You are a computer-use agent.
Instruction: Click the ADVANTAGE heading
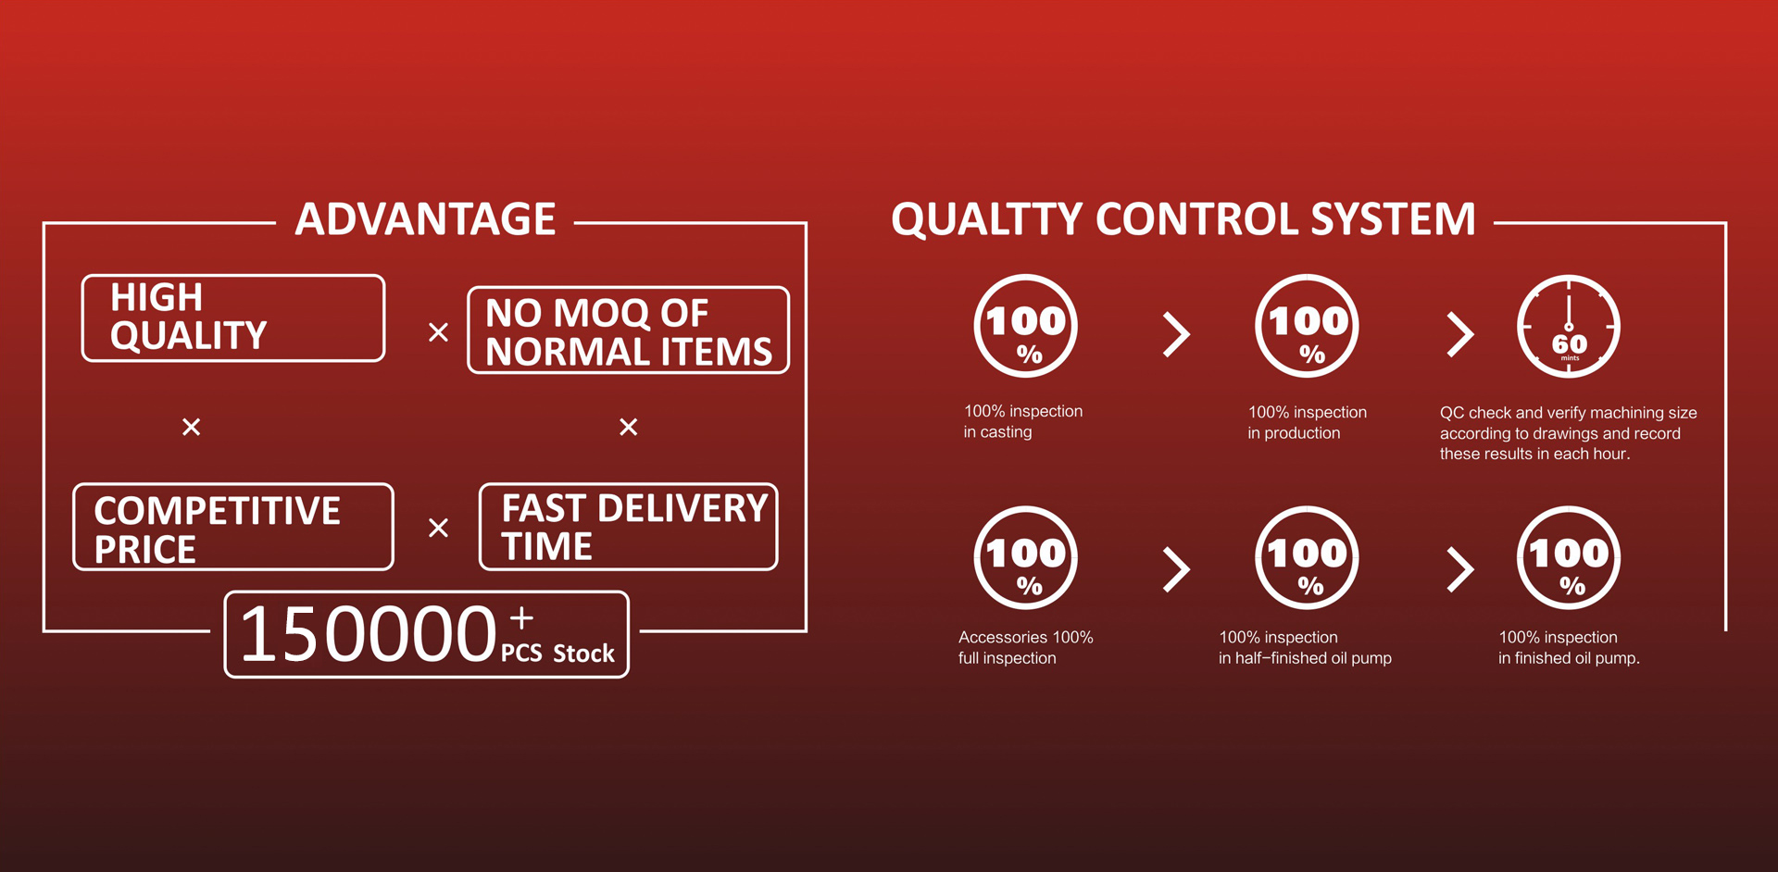click(x=425, y=219)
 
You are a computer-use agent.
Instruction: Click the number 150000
click(x=369, y=635)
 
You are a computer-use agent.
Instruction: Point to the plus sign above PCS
click(x=521, y=617)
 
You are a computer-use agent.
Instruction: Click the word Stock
click(x=583, y=654)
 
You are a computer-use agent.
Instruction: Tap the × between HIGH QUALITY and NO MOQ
click(x=438, y=332)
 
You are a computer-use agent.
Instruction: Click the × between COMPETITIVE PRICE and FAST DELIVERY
click(x=438, y=528)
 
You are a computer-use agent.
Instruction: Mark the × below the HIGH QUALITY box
click(x=191, y=427)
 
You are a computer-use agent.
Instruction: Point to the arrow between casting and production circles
click(x=1177, y=334)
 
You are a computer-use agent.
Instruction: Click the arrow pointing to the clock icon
click(x=1460, y=334)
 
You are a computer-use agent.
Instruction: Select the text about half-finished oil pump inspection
click(x=1305, y=648)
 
